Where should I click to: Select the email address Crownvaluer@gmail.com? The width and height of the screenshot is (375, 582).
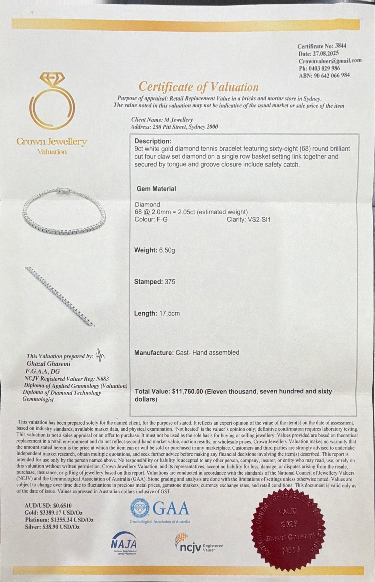(330, 60)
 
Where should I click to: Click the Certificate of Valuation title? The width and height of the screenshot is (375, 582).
(198, 87)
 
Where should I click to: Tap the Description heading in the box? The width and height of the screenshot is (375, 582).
(152, 141)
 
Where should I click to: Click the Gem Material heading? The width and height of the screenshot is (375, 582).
(156, 189)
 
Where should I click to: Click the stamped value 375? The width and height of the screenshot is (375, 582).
(170, 282)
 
